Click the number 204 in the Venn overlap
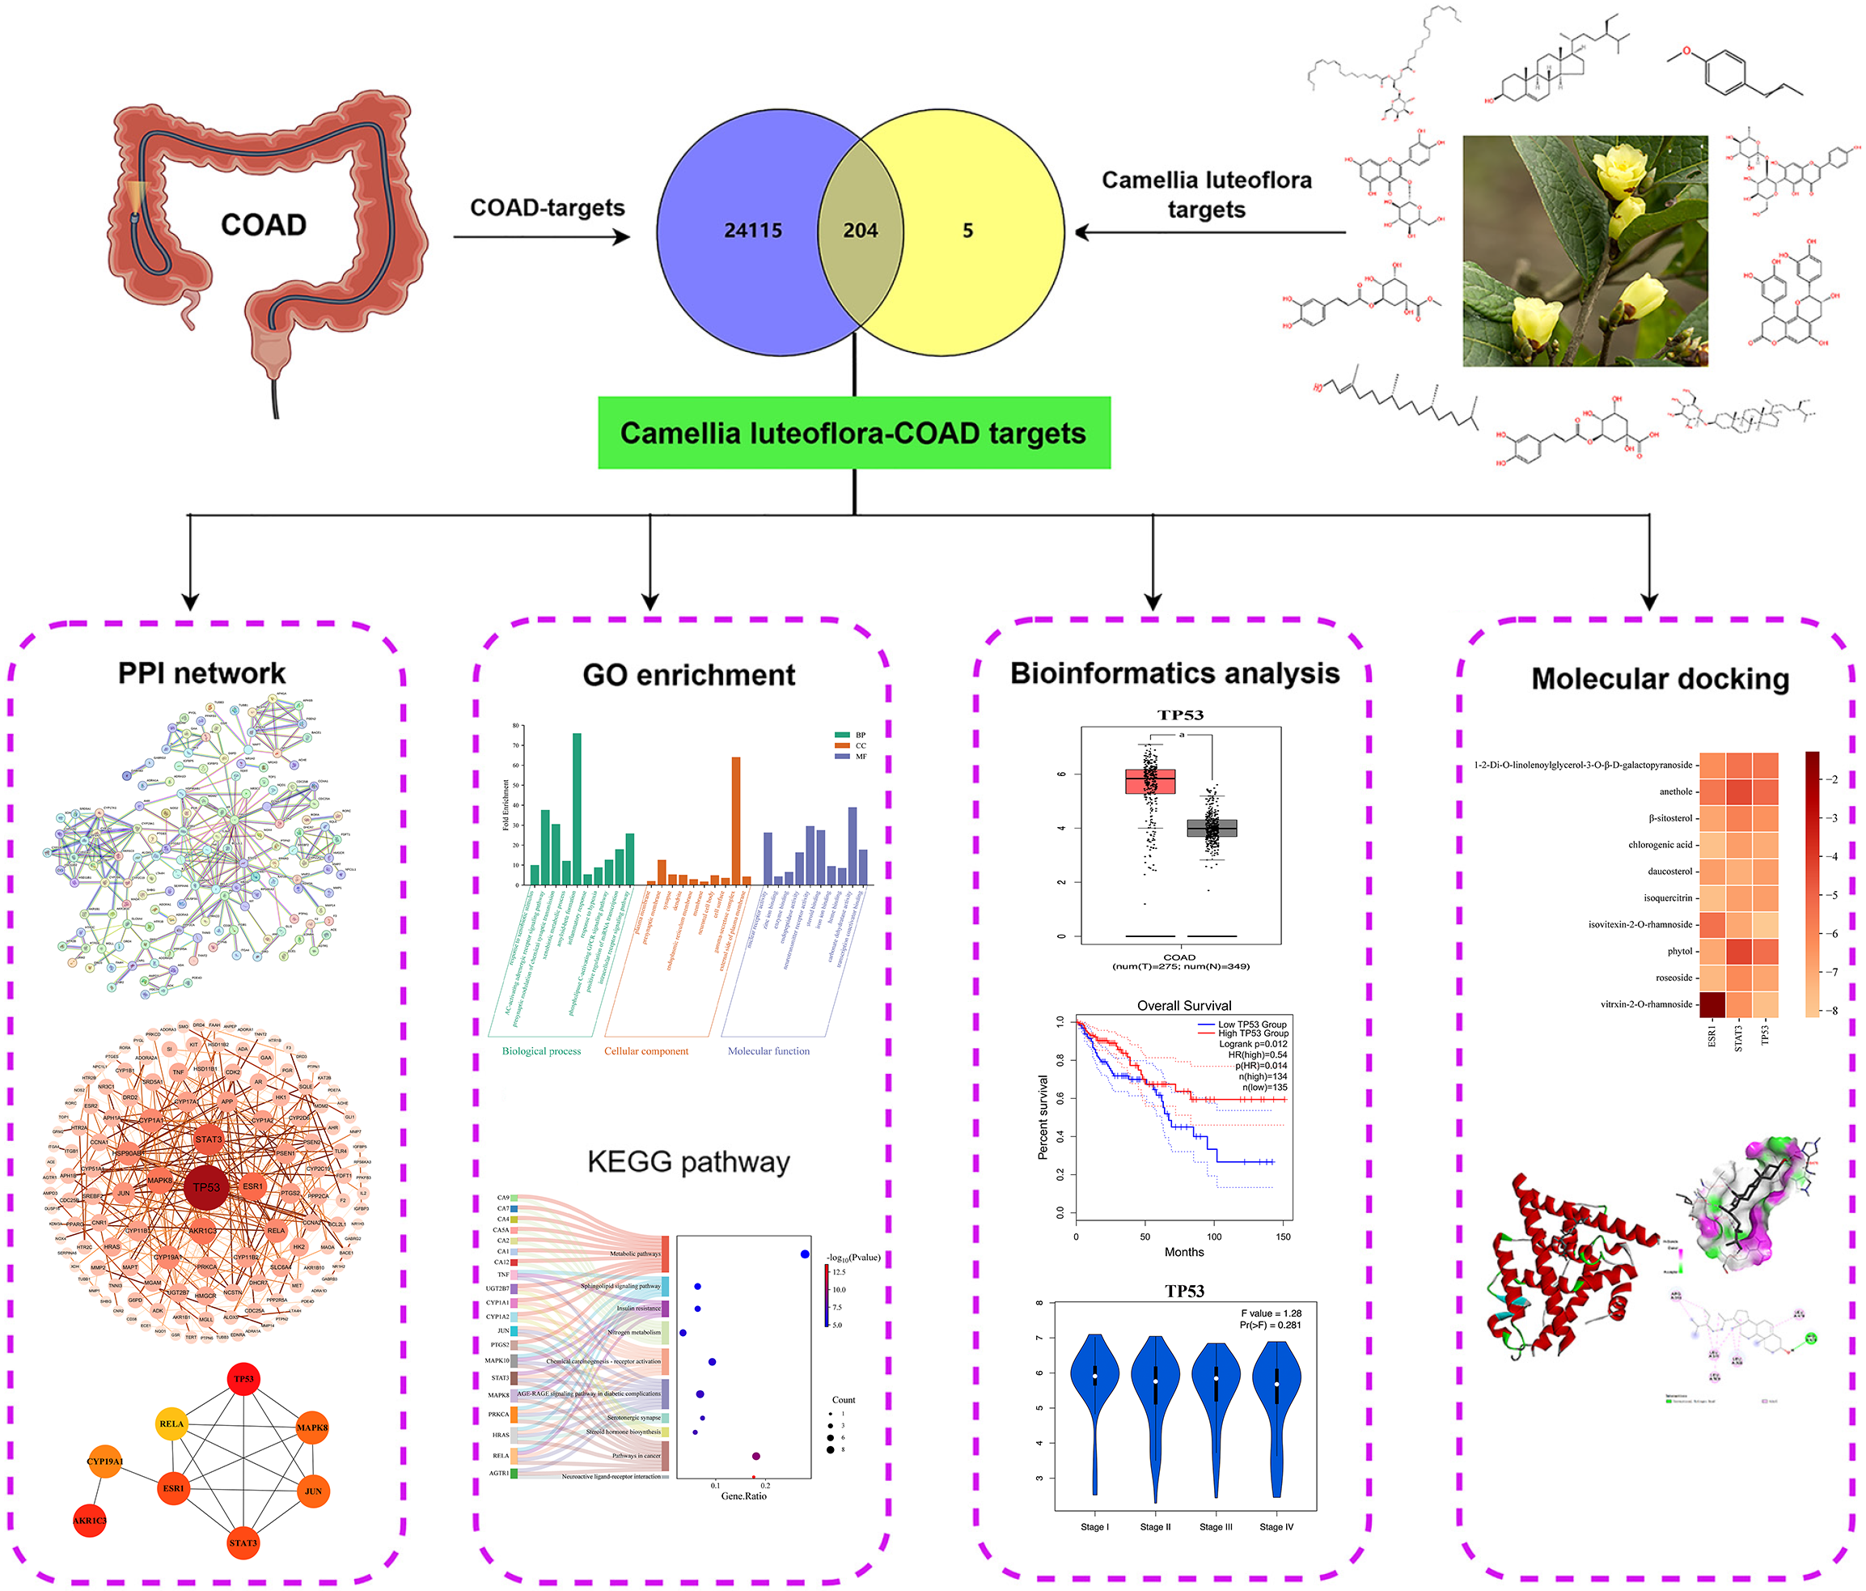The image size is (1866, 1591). pyautogui.click(x=860, y=231)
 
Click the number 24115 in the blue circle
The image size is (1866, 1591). pyautogui.click(x=753, y=231)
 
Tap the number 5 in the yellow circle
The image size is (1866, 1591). pyautogui.click(x=967, y=231)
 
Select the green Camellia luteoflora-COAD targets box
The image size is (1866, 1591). pyautogui.click(x=854, y=433)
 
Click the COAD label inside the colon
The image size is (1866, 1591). pyautogui.click(x=263, y=224)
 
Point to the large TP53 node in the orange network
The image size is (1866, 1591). pyautogui.click(x=206, y=1187)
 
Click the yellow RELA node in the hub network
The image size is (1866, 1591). pyautogui.click(x=171, y=1424)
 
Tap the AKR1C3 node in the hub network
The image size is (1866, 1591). pyautogui.click(x=90, y=1521)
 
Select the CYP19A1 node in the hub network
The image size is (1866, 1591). pyautogui.click(x=105, y=1462)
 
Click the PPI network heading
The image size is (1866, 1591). pyautogui.click(x=201, y=673)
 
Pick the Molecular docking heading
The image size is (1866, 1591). pyautogui.click(x=1660, y=678)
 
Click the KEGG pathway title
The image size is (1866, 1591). pyautogui.click(x=688, y=1161)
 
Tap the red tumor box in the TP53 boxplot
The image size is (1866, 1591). pyautogui.click(x=1150, y=780)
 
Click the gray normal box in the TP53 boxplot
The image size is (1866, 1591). pyautogui.click(x=1212, y=828)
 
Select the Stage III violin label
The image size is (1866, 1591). pyautogui.click(x=1216, y=1527)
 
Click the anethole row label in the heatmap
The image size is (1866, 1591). pyautogui.click(x=1675, y=792)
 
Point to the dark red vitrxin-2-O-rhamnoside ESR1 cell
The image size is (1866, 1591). pyautogui.click(x=1712, y=1004)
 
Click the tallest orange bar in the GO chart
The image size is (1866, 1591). pyautogui.click(x=736, y=820)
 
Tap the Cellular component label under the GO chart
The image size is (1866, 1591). pyautogui.click(x=645, y=1051)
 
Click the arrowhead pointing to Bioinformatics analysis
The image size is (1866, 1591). pyautogui.click(x=1153, y=601)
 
